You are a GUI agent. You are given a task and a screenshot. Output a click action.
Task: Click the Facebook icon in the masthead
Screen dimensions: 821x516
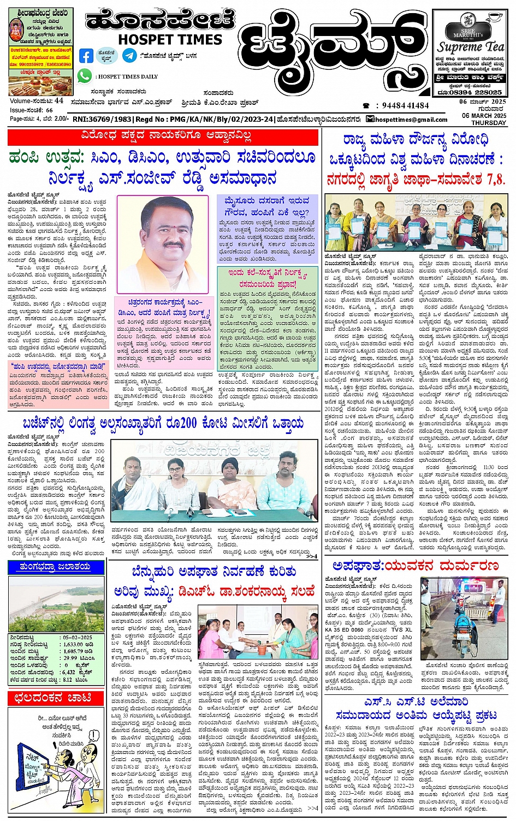point(86,56)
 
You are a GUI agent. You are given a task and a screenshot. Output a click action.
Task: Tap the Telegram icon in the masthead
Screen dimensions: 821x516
point(129,55)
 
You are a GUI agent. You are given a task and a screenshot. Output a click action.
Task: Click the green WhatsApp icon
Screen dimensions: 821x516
point(85,76)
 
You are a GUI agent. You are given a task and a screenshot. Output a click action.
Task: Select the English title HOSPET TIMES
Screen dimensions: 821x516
point(170,40)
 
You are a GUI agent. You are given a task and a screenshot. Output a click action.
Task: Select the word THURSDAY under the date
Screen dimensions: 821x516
point(489,123)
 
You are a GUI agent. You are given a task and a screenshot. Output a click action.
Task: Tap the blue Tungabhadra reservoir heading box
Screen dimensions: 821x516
point(55,567)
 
